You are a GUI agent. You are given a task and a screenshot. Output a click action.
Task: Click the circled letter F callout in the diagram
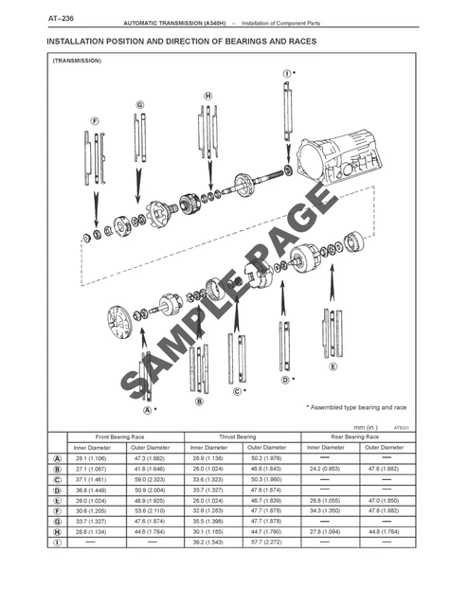coord(95,121)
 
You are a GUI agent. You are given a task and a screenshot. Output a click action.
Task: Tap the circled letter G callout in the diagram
coord(139,104)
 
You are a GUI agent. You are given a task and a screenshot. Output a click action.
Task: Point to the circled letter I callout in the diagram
coord(286,73)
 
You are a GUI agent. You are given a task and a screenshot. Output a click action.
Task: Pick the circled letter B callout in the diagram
coord(199,401)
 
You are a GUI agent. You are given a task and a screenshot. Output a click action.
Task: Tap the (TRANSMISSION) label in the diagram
coord(78,61)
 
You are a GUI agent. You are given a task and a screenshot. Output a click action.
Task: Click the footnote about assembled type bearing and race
coord(355,407)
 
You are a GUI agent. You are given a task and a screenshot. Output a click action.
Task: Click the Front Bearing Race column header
coord(119,437)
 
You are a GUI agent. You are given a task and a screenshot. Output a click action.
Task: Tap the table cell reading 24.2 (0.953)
coord(325,468)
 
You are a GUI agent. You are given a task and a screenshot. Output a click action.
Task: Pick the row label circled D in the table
coord(60,490)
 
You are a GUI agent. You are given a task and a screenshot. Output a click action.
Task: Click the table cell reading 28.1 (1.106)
coord(92,457)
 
